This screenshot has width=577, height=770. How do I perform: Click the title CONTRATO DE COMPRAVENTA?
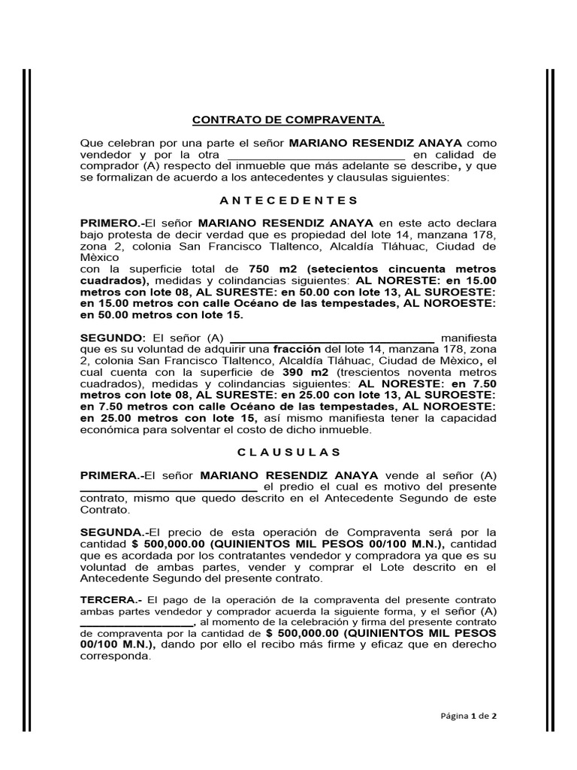point(288,120)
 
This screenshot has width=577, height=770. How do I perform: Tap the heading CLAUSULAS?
point(288,452)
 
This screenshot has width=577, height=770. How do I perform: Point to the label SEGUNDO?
point(113,338)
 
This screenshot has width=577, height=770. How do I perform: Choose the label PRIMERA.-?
point(111,475)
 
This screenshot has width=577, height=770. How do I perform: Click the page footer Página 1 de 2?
point(468,717)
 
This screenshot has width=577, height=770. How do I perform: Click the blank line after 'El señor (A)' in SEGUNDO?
point(331,340)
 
